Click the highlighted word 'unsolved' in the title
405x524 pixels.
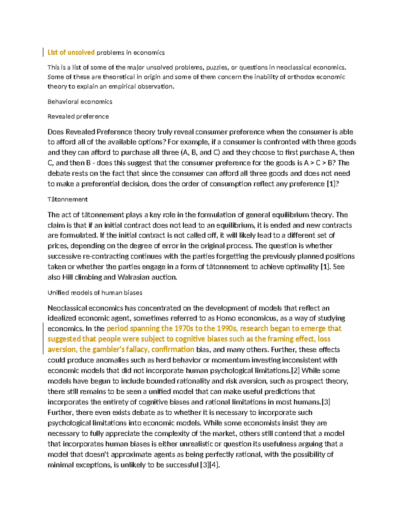81,52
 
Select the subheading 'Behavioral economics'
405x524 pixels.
80,102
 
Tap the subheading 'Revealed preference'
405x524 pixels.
78,116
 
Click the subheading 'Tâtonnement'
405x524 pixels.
67,199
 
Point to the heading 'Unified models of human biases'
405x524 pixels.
95,293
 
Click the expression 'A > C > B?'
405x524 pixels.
320,163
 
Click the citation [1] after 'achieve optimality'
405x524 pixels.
325,267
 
